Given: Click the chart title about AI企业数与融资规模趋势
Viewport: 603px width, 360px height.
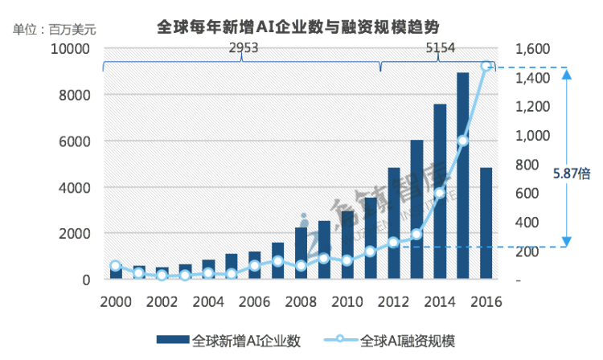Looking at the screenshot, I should coord(301,27).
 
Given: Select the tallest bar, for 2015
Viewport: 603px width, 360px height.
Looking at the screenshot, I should coord(463,177).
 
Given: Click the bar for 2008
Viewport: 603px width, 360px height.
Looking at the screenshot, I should coord(301,254).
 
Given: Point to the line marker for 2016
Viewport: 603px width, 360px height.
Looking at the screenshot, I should coord(486,66).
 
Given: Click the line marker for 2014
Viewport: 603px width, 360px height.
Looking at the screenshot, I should coord(440,192).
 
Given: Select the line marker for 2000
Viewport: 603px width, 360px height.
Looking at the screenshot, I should coord(116,266).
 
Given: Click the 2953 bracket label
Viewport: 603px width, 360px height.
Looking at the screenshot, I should coord(243,49).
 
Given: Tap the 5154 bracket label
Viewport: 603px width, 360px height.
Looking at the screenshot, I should coord(440,49).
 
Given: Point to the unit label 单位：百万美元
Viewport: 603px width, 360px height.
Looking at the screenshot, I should coord(54,30).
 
